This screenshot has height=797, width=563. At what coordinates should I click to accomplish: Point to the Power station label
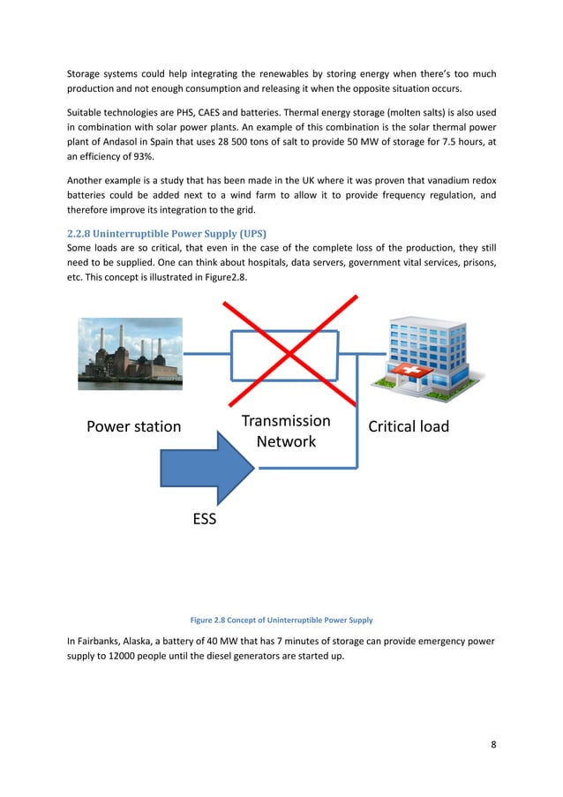[x=133, y=428]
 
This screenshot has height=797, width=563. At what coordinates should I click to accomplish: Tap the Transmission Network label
[x=286, y=431]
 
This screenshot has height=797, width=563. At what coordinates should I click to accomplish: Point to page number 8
[x=492, y=744]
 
